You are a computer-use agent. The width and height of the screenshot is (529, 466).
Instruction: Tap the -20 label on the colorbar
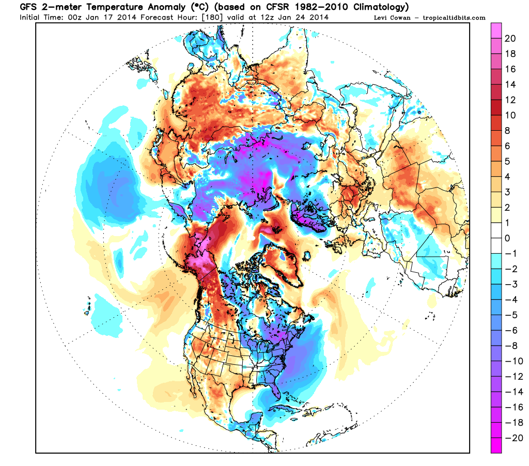(510, 437)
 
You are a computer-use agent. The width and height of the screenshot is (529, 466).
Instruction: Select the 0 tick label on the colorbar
(508, 238)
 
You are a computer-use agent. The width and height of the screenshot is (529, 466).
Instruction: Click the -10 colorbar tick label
(510, 361)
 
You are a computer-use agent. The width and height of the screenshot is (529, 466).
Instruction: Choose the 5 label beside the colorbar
(508, 161)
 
